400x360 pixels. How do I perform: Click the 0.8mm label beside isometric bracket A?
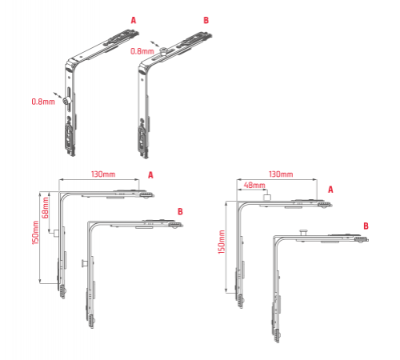pos(43,102)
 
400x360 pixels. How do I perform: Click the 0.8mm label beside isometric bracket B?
pos(142,51)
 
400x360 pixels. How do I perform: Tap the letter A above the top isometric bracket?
pos(134,20)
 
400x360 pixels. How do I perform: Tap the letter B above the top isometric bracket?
pos(206,20)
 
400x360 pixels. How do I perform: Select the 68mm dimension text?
pos(45,208)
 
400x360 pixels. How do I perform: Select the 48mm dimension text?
pos(254,185)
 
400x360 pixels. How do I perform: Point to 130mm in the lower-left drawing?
pos(103,174)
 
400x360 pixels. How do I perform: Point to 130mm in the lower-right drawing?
pos(281,174)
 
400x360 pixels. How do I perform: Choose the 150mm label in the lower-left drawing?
pos(35,233)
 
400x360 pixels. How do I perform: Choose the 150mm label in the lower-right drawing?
pos(222,242)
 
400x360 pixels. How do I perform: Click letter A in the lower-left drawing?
pos(150,175)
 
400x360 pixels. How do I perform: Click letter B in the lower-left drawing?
pos(180,212)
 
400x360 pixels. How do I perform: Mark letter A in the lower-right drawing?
pos(330,190)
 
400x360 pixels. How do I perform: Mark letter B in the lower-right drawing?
pos(366,226)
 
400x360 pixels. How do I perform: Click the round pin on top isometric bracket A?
pos(66,101)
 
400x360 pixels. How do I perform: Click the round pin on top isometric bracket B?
pos(163,50)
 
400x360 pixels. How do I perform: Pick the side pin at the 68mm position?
pos(56,234)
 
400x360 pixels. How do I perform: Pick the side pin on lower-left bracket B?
pos(84,263)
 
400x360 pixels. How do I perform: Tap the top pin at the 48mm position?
pos(267,198)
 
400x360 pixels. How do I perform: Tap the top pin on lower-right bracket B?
pos(303,233)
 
